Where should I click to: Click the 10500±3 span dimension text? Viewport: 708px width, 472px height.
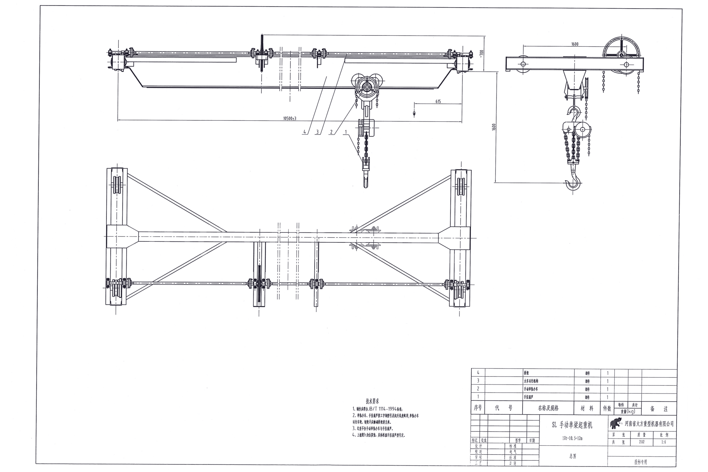(x=290, y=118)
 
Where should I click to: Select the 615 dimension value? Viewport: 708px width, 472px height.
(x=438, y=102)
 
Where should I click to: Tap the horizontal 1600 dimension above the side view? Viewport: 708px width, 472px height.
(x=575, y=44)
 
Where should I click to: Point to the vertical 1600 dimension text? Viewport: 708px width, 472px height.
(x=494, y=127)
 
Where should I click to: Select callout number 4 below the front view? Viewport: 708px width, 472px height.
(x=305, y=132)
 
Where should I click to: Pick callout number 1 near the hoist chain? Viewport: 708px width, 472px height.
(x=345, y=132)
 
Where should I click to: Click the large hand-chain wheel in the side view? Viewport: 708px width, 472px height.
(x=622, y=52)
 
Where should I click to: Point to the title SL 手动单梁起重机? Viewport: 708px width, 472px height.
(x=572, y=425)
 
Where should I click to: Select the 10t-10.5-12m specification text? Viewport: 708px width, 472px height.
(x=572, y=438)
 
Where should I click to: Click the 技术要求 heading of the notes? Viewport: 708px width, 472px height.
(x=372, y=401)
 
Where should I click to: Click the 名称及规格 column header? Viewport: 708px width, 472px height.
(x=548, y=408)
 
